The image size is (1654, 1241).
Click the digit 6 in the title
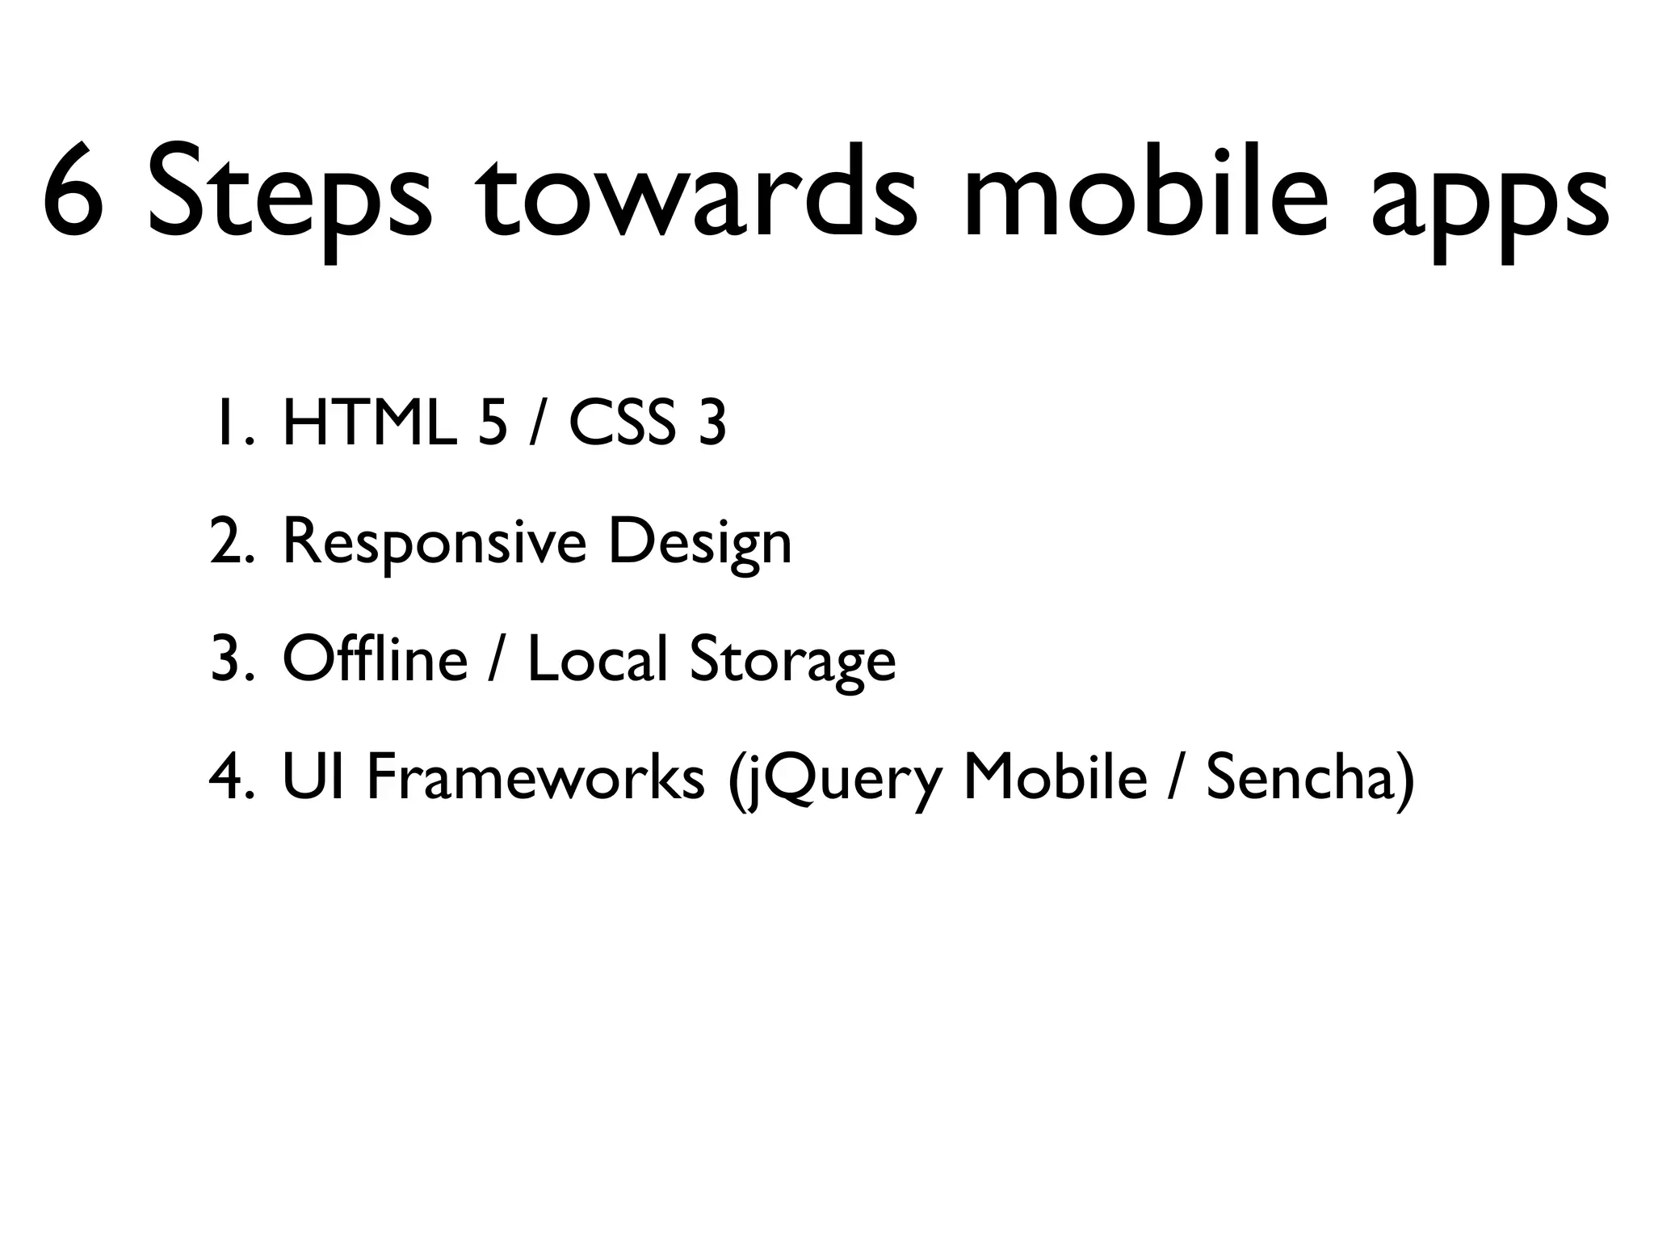pyautogui.click(x=74, y=191)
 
